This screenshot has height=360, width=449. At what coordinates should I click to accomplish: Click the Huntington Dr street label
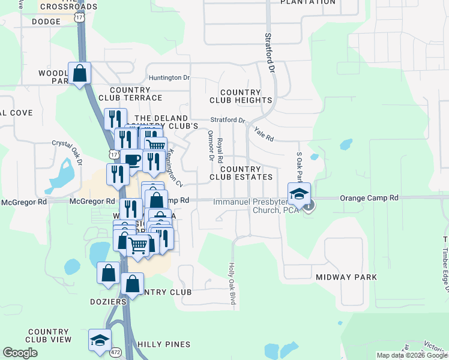click(169, 77)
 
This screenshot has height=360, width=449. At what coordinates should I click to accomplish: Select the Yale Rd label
click(264, 134)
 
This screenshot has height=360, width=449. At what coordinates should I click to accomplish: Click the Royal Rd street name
click(220, 147)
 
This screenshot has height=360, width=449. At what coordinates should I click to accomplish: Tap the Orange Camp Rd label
click(369, 197)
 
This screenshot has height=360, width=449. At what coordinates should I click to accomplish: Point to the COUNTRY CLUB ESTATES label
click(241, 173)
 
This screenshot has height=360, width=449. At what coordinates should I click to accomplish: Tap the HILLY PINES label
click(163, 344)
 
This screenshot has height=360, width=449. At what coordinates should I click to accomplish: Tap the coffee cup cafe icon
click(131, 159)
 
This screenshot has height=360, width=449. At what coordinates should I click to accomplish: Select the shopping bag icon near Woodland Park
click(79, 74)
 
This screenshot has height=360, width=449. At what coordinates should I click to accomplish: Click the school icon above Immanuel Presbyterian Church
click(299, 193)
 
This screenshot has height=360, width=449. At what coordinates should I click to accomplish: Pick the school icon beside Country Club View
click(100, 340)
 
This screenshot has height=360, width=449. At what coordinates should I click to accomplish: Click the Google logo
click(20, 353)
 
